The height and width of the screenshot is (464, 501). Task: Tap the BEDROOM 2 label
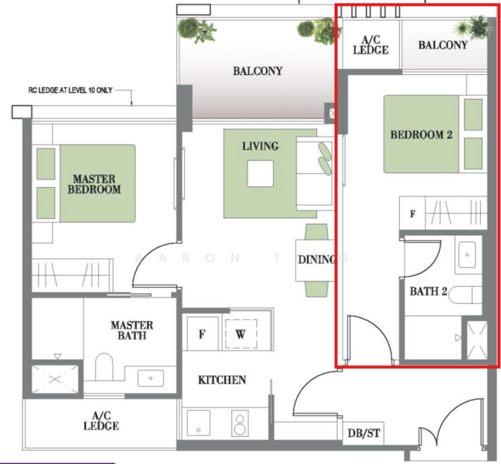click(421, 135)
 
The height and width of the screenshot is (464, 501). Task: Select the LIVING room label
click(260, 146)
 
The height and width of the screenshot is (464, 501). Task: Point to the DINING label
click(317, 260)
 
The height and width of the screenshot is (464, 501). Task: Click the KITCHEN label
click(222, 380)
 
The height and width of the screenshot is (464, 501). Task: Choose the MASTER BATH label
click(131, 330)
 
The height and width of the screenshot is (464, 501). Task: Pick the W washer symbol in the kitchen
click(240, 335)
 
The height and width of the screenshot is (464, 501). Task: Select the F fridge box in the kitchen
click(202, 335)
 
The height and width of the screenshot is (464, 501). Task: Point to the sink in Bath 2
click(467, 254)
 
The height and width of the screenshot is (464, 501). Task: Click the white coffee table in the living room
click(260, 173)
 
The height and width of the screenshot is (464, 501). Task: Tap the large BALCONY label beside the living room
click(257, 72)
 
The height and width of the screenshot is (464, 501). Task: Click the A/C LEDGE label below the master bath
click(101, 421)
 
